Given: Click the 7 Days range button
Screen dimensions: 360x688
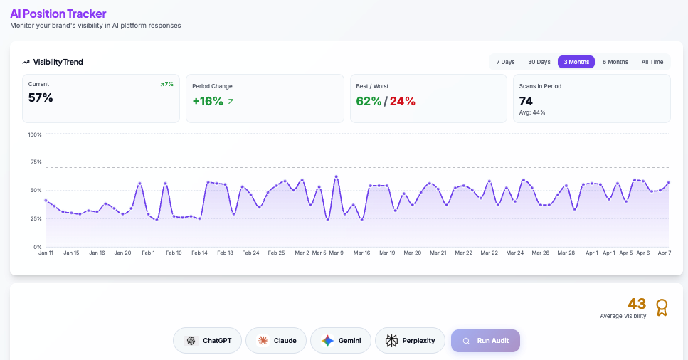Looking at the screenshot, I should coord(505,62).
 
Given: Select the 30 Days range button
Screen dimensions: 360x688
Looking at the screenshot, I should coord(539,62).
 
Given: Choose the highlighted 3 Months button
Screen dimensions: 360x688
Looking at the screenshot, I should coord(576,62).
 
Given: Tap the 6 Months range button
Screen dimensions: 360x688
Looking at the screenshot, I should coord(615,62).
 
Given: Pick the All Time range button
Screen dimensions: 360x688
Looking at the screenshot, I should coord(652,62).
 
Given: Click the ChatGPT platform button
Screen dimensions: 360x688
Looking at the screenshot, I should coord(208,341).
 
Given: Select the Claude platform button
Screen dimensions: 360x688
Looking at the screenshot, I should coord(276,341).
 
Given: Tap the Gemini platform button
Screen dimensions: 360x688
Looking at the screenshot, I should coord(340,341).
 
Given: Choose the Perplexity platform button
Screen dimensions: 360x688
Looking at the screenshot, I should coord(410,341).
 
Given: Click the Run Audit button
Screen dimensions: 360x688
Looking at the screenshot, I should coord(485,341).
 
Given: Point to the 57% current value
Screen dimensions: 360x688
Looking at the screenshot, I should coord(41,98).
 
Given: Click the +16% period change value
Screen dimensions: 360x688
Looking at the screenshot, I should coord(208,101).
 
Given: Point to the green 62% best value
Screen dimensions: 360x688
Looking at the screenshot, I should coord(369,101).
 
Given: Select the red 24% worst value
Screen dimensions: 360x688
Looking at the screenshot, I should coord(402,101).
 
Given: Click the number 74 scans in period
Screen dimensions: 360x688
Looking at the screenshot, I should coord(526,101).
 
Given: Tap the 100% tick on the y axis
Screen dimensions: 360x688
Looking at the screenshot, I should coord(34,134).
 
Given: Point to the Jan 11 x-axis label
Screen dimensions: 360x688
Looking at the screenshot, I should coord(46,253).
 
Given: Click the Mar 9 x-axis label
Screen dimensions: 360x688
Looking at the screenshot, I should coord(336,253).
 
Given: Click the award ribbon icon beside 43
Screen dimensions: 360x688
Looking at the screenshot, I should coord(662,307).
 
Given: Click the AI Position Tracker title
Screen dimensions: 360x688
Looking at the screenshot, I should coord(58,14).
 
